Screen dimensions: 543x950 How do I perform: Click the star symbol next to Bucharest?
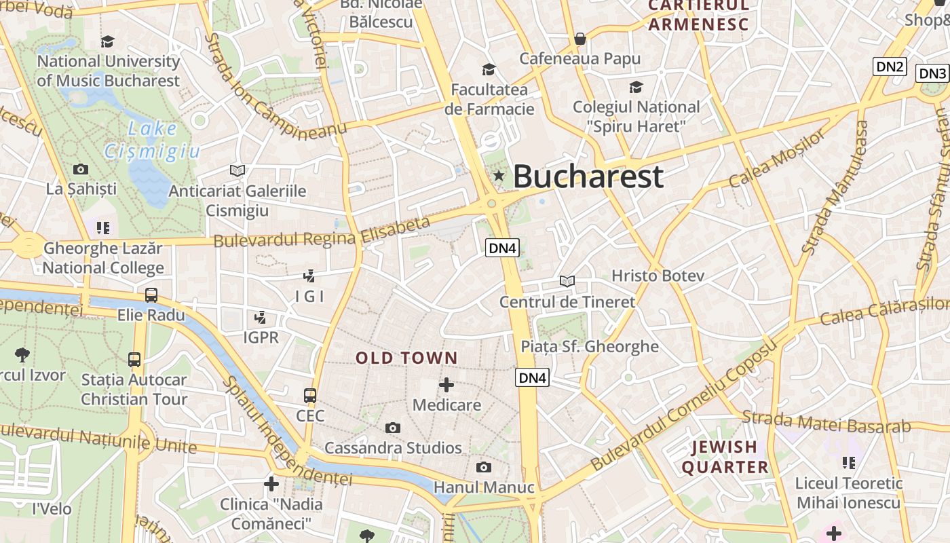[x=499, y=176]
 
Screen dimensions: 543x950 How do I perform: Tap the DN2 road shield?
[x=890, y=67]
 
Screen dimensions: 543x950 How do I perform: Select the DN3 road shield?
[x=932, y=73]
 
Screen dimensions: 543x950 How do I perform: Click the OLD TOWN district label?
[x=406, y=358]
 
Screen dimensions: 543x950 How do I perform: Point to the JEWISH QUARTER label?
[x=725, y=457]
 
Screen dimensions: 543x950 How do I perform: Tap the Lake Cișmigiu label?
[x=153, y=139]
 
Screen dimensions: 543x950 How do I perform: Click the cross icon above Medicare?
[x=446, y=385]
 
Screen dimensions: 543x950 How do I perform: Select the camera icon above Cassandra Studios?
[x=392, y=428]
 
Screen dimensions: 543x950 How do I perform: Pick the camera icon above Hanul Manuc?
[x=483, y=467]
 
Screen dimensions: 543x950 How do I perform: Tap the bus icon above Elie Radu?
[x=151, y=295]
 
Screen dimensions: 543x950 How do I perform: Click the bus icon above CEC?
[x=310, y=395]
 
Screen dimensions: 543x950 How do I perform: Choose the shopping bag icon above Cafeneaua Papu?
[x=579, y=39]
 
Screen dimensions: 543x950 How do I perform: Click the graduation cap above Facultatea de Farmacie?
[x=489, y=69]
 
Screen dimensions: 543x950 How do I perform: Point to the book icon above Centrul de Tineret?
[x=567, y=281]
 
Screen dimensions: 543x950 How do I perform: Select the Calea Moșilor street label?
[x=777, y=157]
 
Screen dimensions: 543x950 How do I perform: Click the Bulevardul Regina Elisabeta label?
[x=322, y=232]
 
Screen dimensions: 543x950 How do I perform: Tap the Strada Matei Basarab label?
[x=826, y=422]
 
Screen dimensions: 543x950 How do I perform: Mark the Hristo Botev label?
[x=658, y=276]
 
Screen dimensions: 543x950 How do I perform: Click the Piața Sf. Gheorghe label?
[x=589, y=346]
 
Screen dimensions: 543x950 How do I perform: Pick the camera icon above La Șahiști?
[x=81, y=169]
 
